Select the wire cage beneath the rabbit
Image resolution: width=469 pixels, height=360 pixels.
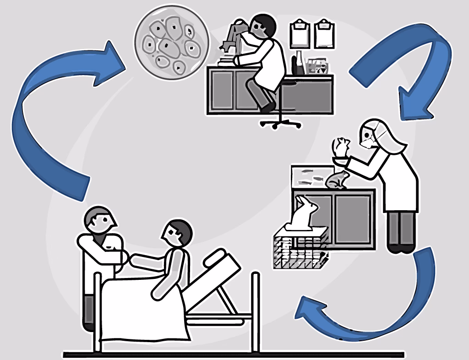pyautogui.click(x=300, y=250)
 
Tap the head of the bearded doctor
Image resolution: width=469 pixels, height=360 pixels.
pyautogui.click(x=100, y=222)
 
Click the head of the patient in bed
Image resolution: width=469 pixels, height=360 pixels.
pyautogui.click(x=176, y=234)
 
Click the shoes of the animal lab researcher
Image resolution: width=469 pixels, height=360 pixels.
pyautogui.click(x=401, y=248)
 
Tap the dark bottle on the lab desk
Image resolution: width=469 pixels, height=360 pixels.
pyautogui.click(x=299, y=64)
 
